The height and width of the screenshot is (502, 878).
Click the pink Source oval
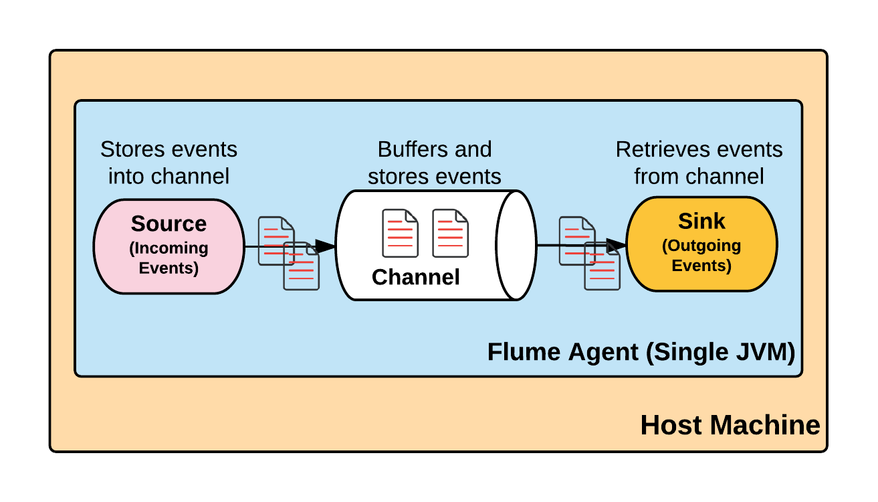click(169, 246)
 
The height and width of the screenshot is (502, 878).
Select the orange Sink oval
click(701, 244)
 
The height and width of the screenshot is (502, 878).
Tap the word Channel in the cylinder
click(415, 277)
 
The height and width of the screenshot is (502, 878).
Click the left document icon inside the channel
click(400, 233)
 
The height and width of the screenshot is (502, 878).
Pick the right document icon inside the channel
click(450, 233)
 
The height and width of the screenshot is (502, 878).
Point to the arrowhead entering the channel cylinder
click(326, 246)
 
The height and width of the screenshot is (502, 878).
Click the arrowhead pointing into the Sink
click(617, 246)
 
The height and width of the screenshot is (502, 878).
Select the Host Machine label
click(730, 425)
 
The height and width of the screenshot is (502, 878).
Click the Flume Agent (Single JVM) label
click(641, 352)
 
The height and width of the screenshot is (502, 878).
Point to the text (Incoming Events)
click(169, 258)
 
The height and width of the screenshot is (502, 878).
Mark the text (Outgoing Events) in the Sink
click(701, 256)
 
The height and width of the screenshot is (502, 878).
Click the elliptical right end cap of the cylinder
click(518, 245)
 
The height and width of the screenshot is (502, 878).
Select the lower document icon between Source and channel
click(301, 267)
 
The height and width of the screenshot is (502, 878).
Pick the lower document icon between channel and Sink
click(602, 267)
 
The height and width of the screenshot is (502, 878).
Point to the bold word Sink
click(701, 221)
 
